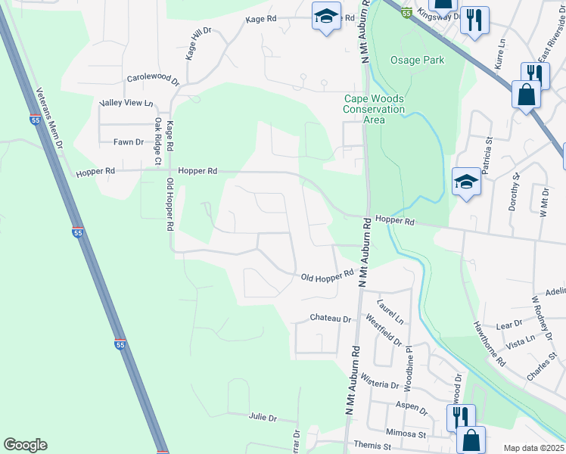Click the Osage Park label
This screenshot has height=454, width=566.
(x=417, y=60)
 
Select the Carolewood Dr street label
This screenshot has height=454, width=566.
(x=153, y=79)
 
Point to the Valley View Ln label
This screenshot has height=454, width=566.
(x=126, y=103)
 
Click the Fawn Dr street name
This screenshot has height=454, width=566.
(x=128, y=141)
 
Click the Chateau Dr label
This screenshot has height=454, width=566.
(x=331, y=319)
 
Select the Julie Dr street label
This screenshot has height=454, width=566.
(x=263, y=418)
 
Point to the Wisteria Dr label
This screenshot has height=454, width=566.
(x=378, y=384)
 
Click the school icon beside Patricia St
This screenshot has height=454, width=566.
(x=466, y=182)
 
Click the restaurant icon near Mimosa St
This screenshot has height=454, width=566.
(x=461, y=415)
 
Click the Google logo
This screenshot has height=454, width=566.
(x=25, y=445)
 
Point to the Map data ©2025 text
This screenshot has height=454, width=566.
(x=533, y=448)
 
